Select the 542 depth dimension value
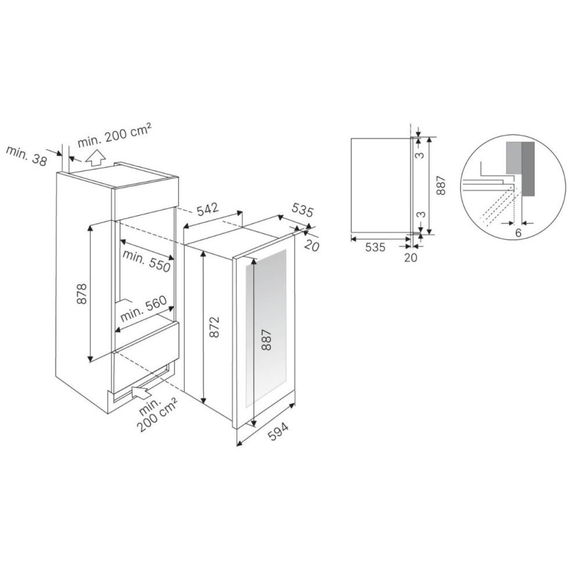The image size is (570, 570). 208,209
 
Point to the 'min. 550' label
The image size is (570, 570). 146,261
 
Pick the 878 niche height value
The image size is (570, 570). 81,294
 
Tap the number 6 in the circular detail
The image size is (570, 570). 518,233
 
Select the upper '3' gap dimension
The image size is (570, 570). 421,154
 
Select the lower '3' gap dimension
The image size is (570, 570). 421,214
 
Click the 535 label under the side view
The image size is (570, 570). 375,247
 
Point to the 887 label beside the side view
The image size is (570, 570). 441,185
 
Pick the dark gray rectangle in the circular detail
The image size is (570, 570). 528,169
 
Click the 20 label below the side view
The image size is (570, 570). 410,257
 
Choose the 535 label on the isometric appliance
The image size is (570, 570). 302,210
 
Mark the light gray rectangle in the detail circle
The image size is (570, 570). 514,158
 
